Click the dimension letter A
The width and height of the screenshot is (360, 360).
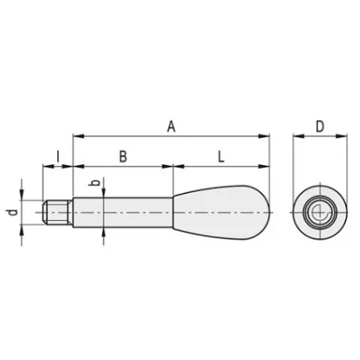tap(171, 127)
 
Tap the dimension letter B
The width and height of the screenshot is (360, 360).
tap(123, 156)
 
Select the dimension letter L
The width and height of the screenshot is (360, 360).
tap(221, 156)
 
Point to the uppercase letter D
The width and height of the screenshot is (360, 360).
tap(320, 127)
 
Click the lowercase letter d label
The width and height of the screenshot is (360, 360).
tap(13, 212)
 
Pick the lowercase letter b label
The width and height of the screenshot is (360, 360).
tap(94, 182)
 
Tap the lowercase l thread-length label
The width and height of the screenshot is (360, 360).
tap(58, 156)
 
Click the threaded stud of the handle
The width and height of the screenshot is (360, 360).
tap(57, 212)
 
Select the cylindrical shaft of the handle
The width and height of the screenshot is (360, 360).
tap(123, 212)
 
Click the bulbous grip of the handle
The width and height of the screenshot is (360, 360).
tap(221, 212)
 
